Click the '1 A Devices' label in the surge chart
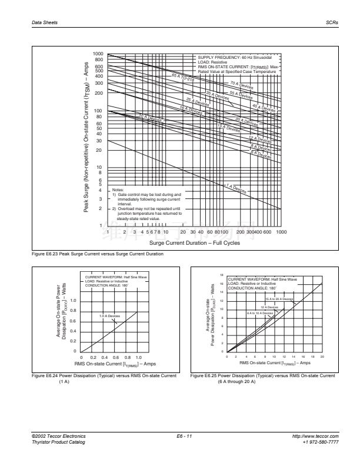238,188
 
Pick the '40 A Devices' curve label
263,108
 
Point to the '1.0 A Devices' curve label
109,316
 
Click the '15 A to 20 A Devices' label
279,299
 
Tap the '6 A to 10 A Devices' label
260,313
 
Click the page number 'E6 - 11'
185,436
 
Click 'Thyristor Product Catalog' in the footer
58,441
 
